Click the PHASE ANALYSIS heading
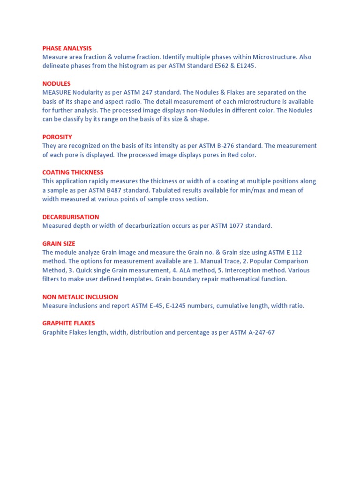[67, 48]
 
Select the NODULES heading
[56, 83]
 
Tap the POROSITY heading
[57, 137]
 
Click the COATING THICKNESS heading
[73, 172]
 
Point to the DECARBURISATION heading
[70, 217]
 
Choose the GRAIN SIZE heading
[59, 244]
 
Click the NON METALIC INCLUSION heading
[80, 297]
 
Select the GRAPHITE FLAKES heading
[68, 323]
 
